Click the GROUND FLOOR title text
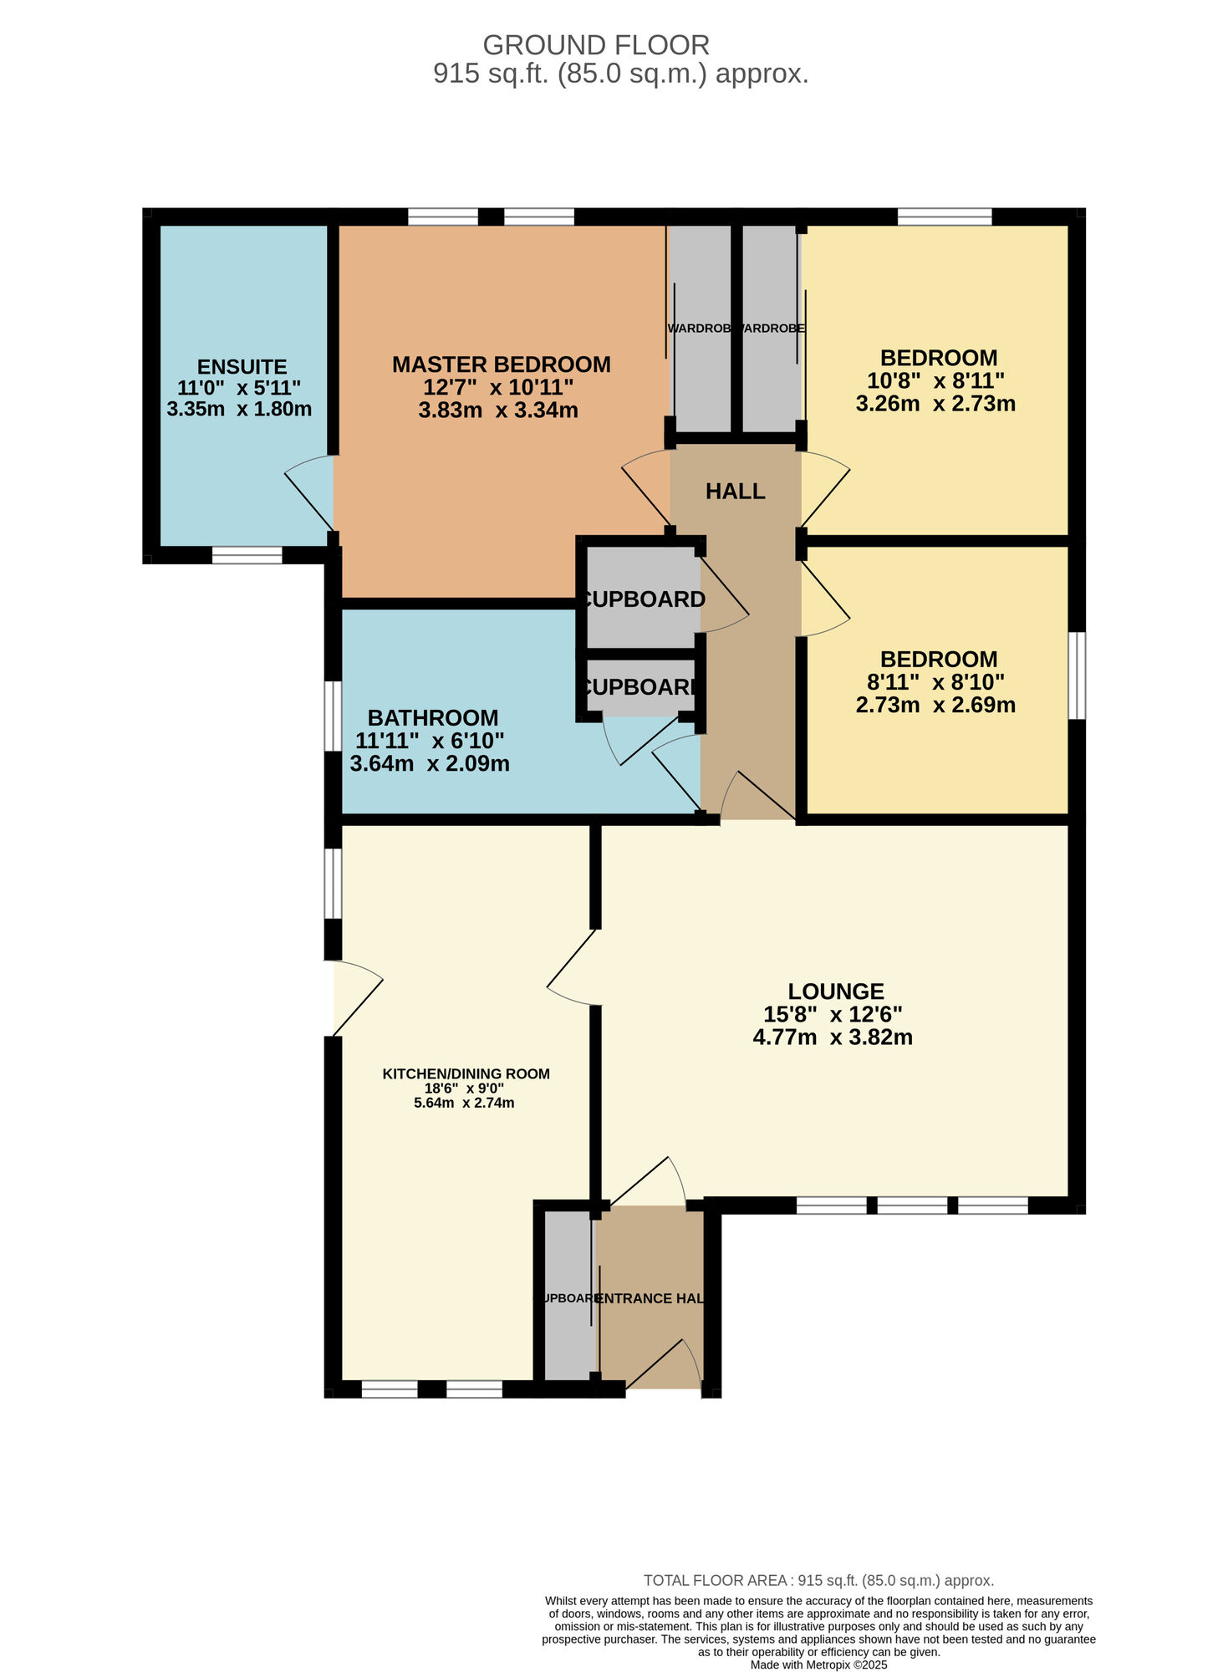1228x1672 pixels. pos(596,44)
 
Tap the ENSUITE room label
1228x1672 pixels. pos(242,366)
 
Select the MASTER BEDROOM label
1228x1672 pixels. pos(501,364)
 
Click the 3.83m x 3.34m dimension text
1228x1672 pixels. pos(498,410)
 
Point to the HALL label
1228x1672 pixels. pos(735,491)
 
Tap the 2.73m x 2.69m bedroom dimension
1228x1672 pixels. pos(935,705)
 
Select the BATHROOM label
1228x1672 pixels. pos(432,717)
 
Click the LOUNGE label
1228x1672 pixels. pos(836,991)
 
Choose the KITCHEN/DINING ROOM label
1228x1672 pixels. pos(466,1073)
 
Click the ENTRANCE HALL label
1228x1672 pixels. pos(649,1298)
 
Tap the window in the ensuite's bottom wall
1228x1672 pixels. pos(247,555)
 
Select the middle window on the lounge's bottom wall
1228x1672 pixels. pos(912,1205)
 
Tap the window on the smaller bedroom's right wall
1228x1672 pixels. pos(1078,675)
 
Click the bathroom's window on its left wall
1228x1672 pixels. pos(333,716)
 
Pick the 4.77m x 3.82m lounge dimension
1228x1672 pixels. pos(833,1037)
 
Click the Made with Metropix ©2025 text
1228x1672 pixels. pos(818,1664)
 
